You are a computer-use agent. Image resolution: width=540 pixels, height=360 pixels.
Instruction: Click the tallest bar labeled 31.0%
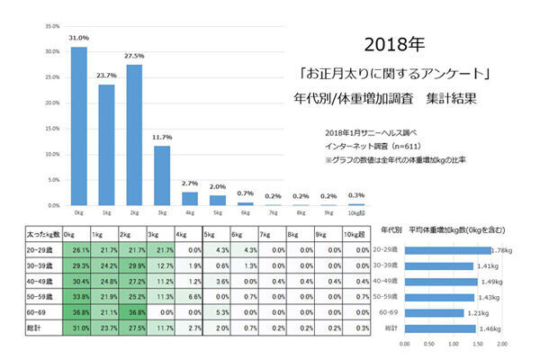pyautogui.click(x=79, y=126)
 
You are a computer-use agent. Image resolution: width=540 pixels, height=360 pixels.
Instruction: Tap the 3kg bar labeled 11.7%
pyautogui.click(x=162, y=175)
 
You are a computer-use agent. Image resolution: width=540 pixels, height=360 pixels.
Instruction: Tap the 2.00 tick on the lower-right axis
pyautogui.click(x=502, y=343)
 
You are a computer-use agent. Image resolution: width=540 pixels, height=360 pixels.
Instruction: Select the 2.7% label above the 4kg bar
pyautogui.click(x=190, y=183)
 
